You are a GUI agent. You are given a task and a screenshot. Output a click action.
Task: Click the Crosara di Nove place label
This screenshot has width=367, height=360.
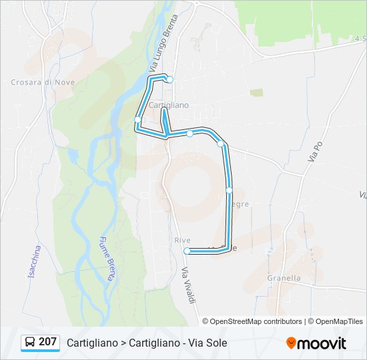[x=43, y=83]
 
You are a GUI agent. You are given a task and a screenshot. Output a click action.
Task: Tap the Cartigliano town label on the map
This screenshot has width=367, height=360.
[x=169, y=105]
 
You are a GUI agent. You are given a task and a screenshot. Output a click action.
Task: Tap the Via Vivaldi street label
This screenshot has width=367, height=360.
[x=190, y=287]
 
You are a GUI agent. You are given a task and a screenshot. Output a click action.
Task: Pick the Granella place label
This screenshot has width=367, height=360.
[x=284, y=278]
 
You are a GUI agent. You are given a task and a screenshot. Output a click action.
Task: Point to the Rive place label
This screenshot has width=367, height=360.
[x=182, y=240]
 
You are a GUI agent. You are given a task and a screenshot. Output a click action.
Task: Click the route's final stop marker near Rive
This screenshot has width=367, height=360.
[x=187, y=251]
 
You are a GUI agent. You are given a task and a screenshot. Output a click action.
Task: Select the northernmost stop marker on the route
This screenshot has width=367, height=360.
[x=170, y=80]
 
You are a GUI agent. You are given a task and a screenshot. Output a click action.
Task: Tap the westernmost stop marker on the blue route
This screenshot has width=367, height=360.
[x=138, y=120]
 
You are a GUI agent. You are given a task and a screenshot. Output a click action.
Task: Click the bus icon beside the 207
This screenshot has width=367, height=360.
[x=29, y=343]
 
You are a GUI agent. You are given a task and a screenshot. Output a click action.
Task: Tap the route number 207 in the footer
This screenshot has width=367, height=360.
[x=47, y=342]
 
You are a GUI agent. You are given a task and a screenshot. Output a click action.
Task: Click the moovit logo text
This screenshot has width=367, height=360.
[x=322, y=343]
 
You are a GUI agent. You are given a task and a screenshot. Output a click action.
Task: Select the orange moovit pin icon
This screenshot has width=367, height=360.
[x=291, y=343]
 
